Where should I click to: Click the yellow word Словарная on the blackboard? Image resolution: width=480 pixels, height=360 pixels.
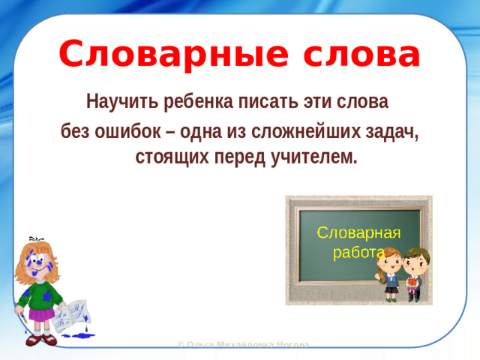pyautogui.click(x=358, y=232)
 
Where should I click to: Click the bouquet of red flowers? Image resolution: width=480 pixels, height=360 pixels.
pyautogui.click(x=412, y=283)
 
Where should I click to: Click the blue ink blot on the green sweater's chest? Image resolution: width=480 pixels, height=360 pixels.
pyautogui.click(x=46, y=295)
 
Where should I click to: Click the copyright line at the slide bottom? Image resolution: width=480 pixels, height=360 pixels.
pyautogui.click(x=242, y=345)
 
